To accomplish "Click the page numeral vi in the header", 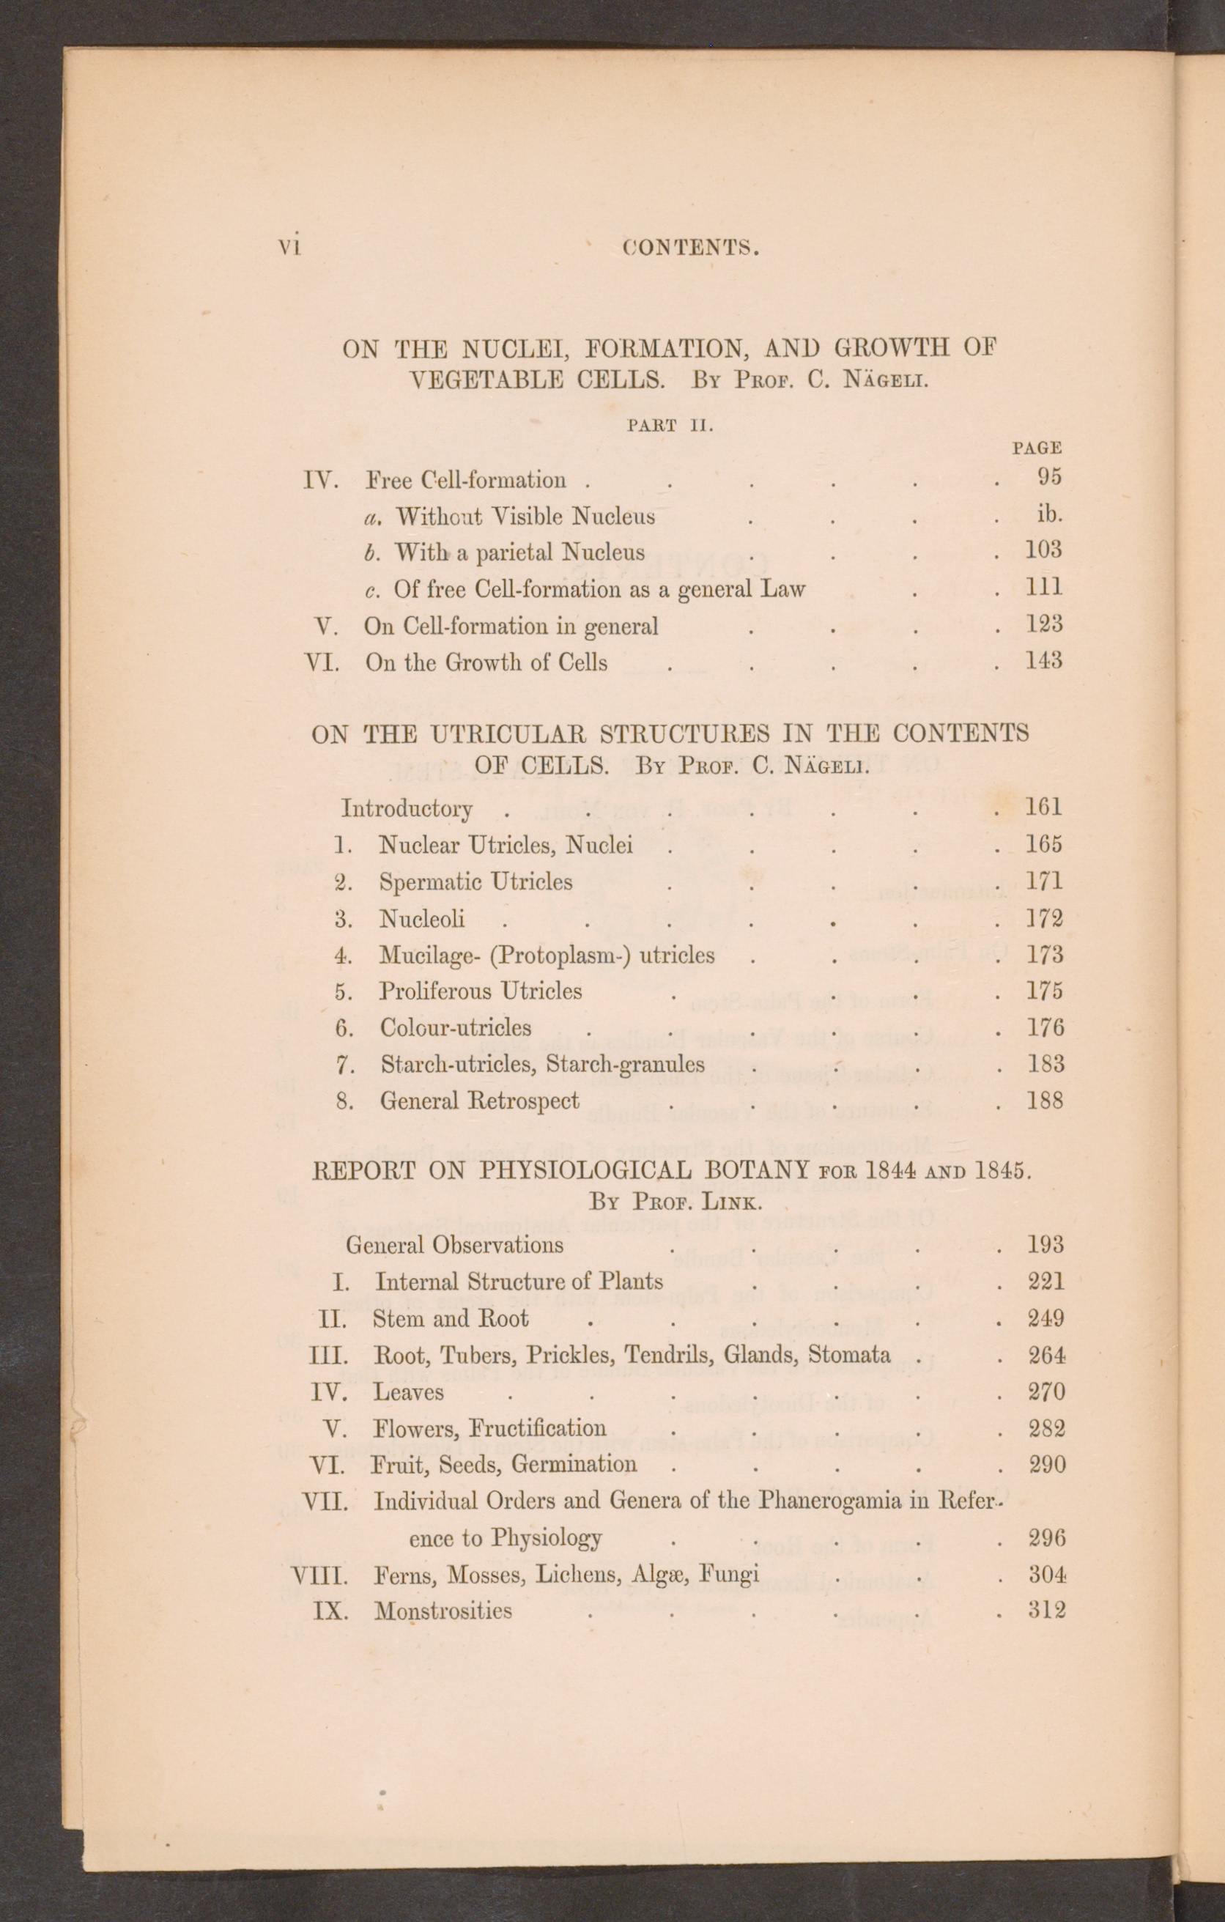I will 288,248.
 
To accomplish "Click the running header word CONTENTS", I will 690,248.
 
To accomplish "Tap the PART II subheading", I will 670,426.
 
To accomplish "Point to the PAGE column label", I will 1037,448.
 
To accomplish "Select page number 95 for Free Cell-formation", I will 1049,476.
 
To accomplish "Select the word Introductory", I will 407,808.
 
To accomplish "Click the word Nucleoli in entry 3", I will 421,919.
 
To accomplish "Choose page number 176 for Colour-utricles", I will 1045,1027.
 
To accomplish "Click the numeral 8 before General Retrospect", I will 344,1101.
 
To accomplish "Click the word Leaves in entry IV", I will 408,1392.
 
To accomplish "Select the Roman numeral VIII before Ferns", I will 320,1575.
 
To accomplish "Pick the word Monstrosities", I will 443,1611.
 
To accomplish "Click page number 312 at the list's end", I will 1046,1609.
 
